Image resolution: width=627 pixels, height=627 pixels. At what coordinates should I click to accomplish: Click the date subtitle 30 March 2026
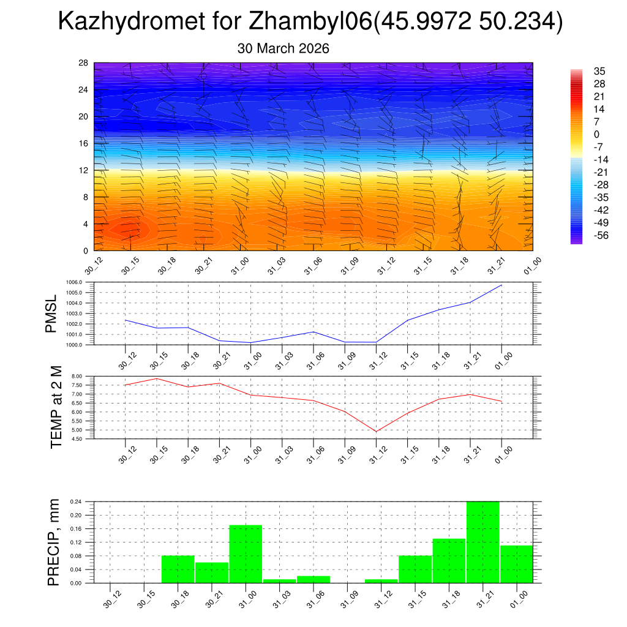pyautogui.click(x=283, y=48)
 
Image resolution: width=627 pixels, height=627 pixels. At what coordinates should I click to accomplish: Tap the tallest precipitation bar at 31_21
pyautogui.click(x=482, y=542)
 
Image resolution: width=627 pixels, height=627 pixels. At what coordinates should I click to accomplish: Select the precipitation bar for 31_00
pyautogui.click(x=246, y=554)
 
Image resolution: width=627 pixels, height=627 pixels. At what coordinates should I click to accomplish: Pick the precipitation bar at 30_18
pyautogui.click(x=178, y=569)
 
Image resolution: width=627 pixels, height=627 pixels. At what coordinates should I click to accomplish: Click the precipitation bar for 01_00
pyautogui.click(x=516, y=563)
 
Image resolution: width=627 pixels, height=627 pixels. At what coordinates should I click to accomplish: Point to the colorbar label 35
pyautogui.click(x=599, y=71)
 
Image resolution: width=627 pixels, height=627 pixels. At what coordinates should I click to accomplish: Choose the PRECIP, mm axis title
pyautogui.click(x=54, y=542)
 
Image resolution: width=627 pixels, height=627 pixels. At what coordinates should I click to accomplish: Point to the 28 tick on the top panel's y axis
pyautogui.click(x=83, y=63)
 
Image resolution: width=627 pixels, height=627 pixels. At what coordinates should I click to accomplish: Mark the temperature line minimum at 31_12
pyautogui.click(x=376, y=432)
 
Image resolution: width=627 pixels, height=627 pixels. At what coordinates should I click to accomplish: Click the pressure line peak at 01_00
pyautogui.click(x=501, y=285)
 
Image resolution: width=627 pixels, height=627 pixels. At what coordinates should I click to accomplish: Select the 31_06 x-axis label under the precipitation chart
pyautogui.click(x=313, y=601)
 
